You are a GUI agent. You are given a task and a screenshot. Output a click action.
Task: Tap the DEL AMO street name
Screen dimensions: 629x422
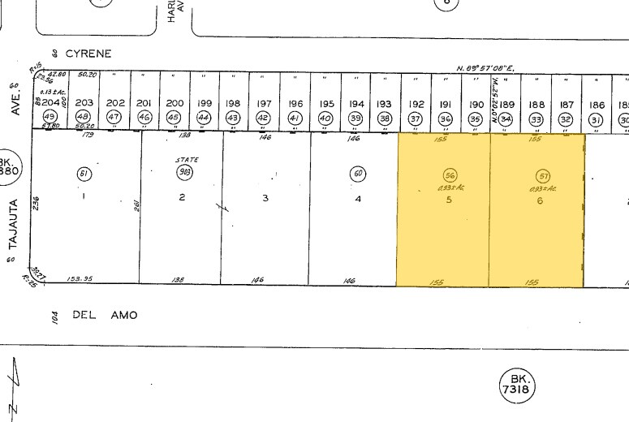[105, 315]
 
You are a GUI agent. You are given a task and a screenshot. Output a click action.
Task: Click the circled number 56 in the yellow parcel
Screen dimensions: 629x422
[449, 175]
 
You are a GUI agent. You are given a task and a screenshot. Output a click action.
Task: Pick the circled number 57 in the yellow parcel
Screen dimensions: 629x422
[543, 175]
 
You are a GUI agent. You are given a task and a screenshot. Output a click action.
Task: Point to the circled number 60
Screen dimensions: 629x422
[357, 173]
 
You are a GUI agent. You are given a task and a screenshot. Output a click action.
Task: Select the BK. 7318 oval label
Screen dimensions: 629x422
[517, 385]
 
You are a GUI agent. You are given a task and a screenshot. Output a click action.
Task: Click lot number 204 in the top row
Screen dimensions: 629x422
[51, 104]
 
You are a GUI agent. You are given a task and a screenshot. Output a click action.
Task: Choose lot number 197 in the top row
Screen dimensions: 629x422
[263, 104]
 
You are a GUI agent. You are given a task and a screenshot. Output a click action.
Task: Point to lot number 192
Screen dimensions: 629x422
[416, 104]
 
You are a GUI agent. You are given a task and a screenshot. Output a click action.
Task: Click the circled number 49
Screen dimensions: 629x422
[49, 118]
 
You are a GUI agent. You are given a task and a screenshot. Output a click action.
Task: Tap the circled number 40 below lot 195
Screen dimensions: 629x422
[325, 118]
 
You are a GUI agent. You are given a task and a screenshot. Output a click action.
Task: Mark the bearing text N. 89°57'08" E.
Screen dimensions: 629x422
[485, 68]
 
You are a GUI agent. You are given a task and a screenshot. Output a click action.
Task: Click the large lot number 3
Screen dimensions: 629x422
[265, 198]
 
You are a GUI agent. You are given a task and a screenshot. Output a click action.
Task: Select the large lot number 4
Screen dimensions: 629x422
[357, 198]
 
